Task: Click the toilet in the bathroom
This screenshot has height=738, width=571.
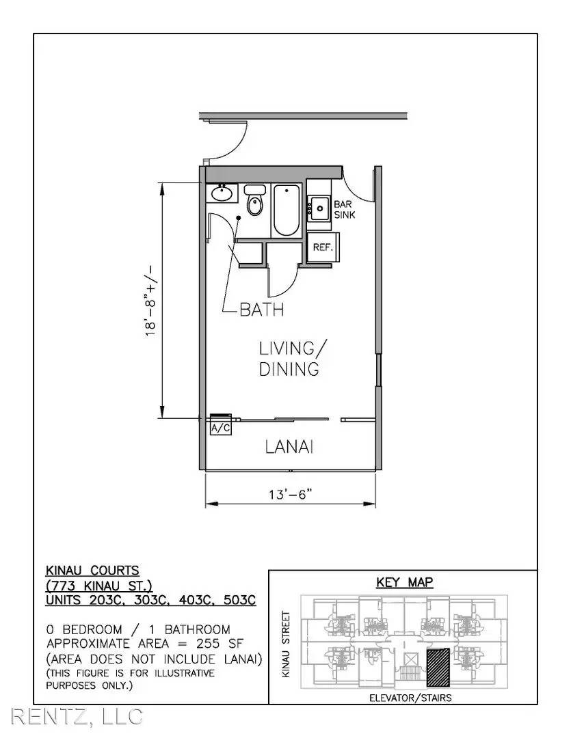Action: pyautogui.click(x=255, y=200)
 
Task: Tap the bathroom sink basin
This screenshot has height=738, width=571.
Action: pyautogui.click(x=220, y=193)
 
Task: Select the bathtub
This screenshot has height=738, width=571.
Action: pyautogui.click(x=286, y=210)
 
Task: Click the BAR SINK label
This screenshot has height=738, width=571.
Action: pyautogui.click(x=344, y=210)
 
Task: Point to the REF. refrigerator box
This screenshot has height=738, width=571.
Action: pyautogui.click(x=323, y=247)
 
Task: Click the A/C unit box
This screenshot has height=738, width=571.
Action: pyautogui.click(x=220, y=428)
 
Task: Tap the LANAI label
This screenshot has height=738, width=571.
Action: pyautogui.click(x=289, y=447)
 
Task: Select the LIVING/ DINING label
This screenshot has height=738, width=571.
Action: pyautogui.click(x=292, y=359)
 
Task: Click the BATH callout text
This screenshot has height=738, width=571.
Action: pyautogui.click(x=261, y=310)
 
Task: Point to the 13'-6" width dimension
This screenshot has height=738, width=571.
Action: pyautogui.click(x=291, y=495)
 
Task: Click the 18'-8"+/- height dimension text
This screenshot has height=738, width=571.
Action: pyautogui.click(x=150, y=301)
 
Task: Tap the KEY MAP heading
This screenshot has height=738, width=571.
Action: pyautogui.click(x=404, y=582)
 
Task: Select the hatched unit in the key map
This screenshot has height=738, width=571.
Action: pyautogui.click(x=438, y=667)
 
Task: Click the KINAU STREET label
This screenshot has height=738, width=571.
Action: pyautogui.click(x=286, y=644)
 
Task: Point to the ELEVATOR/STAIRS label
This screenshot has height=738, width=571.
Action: pyautogui.click(x=410, y=698)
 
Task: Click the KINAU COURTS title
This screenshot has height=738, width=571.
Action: pyautogui.click(x=92, y=571)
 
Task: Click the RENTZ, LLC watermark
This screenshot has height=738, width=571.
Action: pyautogui.click(x=77, y=716)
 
